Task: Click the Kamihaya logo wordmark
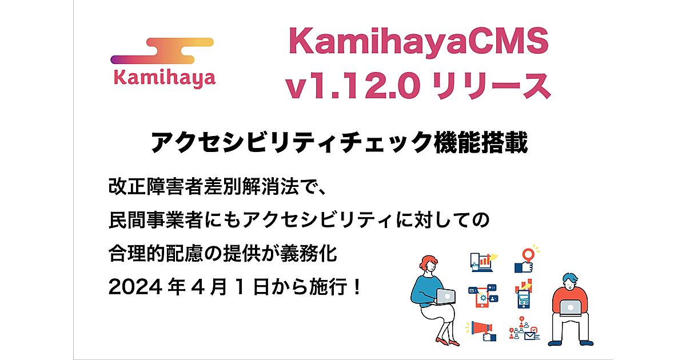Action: coord(165,78)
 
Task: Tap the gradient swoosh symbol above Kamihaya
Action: coord(162,51)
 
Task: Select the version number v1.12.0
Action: coord(352,85)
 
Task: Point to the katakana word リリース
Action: coord(492,86)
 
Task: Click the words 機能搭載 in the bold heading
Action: coord(481,142)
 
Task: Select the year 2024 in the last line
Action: coord(135,287)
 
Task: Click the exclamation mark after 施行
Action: coord(357,287)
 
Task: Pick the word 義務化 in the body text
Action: coord(309,254)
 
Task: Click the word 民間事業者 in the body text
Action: coord(156,220)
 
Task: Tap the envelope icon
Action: coord(529,336)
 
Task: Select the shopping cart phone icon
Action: coord(524,299)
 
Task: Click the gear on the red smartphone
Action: coord(482,298)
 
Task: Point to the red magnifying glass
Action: coord(528,255)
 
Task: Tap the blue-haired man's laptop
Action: coord(570,308)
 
